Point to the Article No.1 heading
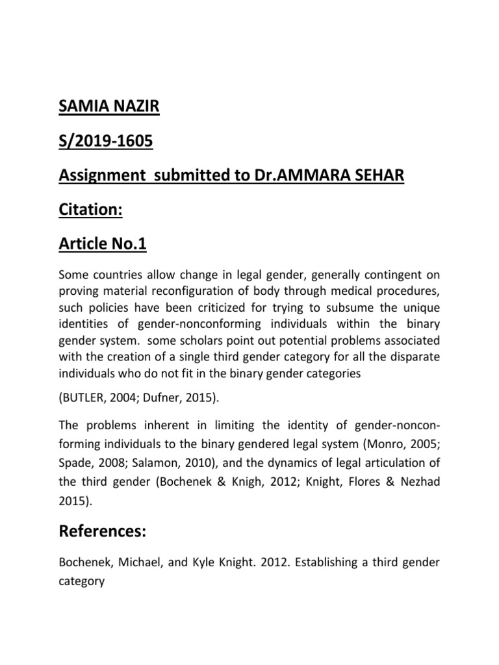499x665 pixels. [103, 244]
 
